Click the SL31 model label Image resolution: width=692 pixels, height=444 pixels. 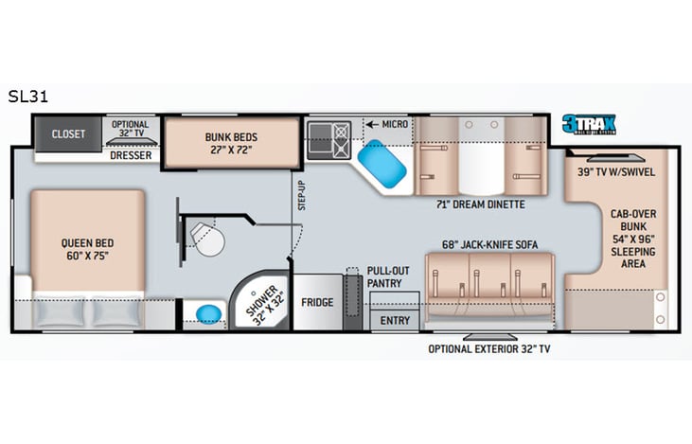(29, 96)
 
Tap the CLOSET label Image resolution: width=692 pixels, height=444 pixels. (68, 134)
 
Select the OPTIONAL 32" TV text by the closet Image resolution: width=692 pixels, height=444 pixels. (131, 130)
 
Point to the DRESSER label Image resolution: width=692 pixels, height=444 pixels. (131, 155)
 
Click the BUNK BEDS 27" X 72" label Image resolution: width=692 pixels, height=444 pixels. (231, 143)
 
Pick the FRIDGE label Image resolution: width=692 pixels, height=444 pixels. (316, 302)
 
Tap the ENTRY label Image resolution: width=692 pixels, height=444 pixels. (395, 321)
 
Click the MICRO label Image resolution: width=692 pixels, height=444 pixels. (392, 124)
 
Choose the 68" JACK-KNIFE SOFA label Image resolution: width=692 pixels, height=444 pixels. (489, 245)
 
